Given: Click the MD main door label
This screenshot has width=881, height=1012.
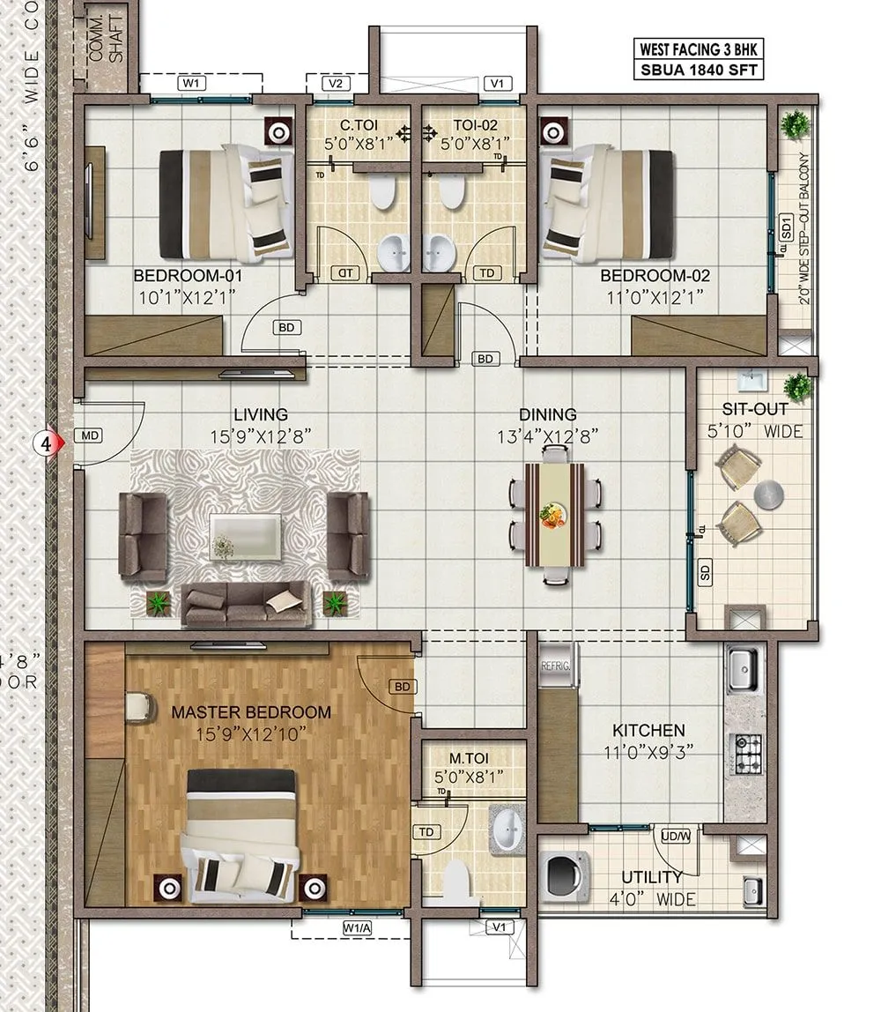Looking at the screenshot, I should point(90,435).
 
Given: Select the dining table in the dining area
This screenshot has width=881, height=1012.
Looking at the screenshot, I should point(555,514).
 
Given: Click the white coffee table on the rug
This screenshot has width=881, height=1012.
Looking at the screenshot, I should point(246,537).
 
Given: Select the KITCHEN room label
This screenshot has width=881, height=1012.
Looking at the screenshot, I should point(648,730).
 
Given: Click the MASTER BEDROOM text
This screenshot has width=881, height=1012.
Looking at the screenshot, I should point(251,711).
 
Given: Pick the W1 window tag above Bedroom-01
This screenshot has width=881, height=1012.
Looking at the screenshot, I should point(191,84).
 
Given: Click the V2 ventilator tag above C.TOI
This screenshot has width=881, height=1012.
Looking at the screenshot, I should point(335,84).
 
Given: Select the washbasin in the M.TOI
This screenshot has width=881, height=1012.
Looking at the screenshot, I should point(507,828).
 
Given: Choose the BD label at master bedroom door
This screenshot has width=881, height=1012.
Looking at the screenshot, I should point(401,686).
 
